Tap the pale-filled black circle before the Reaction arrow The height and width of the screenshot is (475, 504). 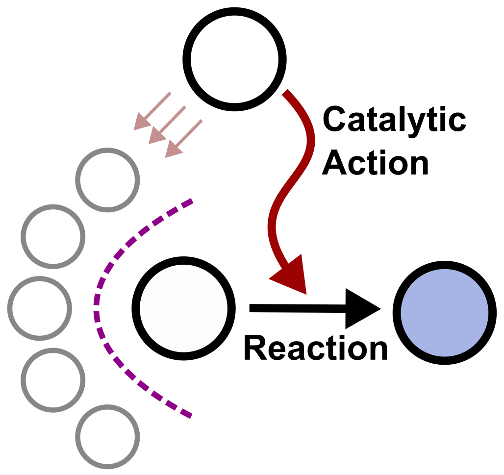(183, 308)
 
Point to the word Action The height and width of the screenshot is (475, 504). (377, 163)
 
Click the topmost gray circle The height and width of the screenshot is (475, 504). (107, 179)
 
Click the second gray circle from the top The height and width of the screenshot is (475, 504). (53, 236)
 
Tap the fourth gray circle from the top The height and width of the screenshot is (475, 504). (53, 379)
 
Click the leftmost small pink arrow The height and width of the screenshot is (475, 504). (152, 111)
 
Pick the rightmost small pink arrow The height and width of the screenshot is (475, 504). (184, 138)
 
